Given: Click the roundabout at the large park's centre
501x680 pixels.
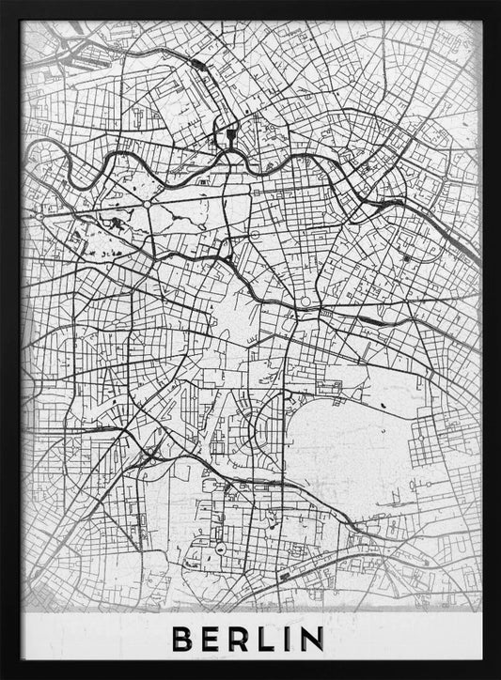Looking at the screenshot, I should click(x=147, y=202).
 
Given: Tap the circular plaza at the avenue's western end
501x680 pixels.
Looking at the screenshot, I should click(x=40, y=215).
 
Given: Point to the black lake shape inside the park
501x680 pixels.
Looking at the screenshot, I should click(x=115, y=224).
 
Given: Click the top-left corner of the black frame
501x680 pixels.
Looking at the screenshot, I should click(x=4, y=4).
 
